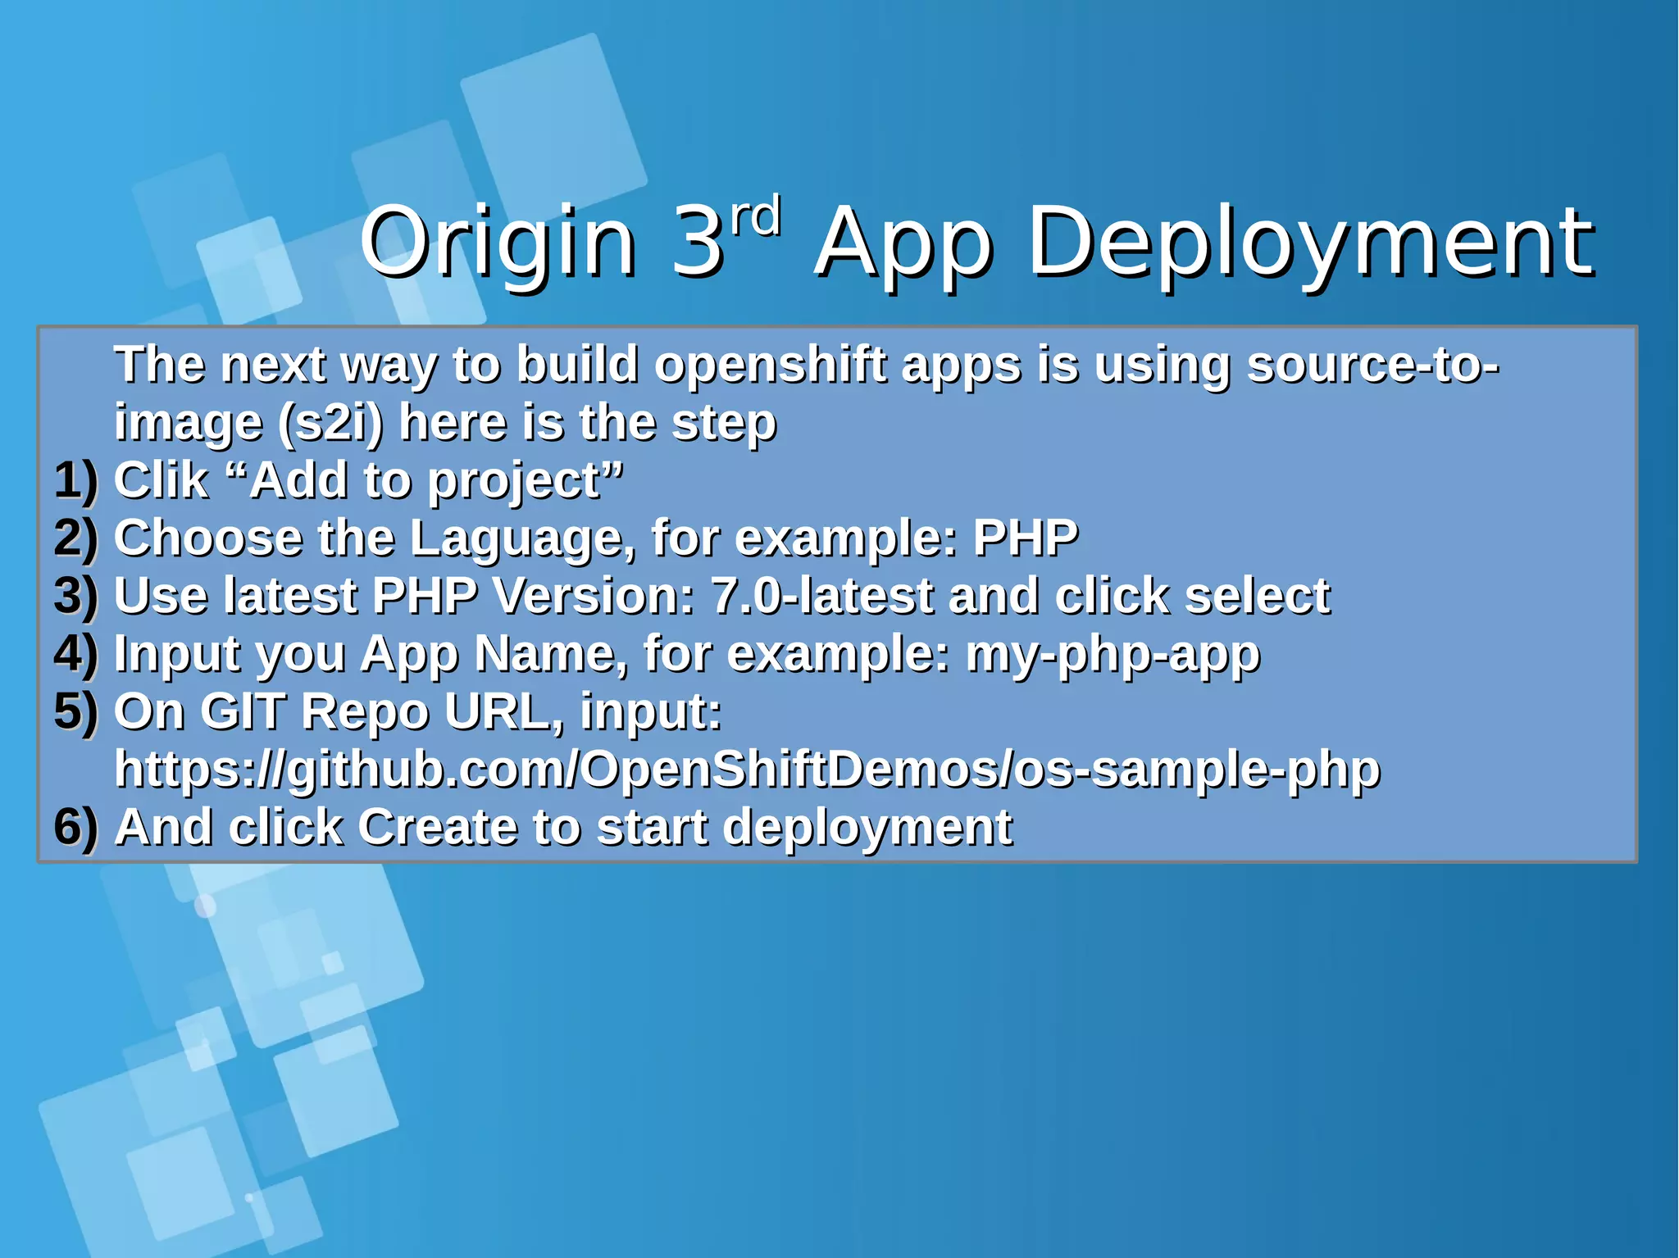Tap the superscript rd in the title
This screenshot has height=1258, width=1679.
pyautogui.click(x=755, y=217)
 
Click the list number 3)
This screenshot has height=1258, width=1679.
pyautogui.click(x=75, y=596)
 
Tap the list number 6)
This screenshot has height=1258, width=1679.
pyautogui.click(x=75, y=827)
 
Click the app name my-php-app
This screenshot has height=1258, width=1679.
pyautogui.click(x=1113, y=654)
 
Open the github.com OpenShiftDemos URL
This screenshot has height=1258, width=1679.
pyautogui.click(x=747, y=770)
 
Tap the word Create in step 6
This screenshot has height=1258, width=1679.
pyautogui.click(x=436, y=827)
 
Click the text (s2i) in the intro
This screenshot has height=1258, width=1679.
pyautogui.click(x=330, y=423)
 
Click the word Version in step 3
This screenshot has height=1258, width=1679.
pyautogui.click(x=594, y=596)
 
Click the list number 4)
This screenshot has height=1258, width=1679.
pyautogui.click(x=75, y=654)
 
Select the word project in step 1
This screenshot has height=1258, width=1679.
pyautogui.click(x=514, y=482)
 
